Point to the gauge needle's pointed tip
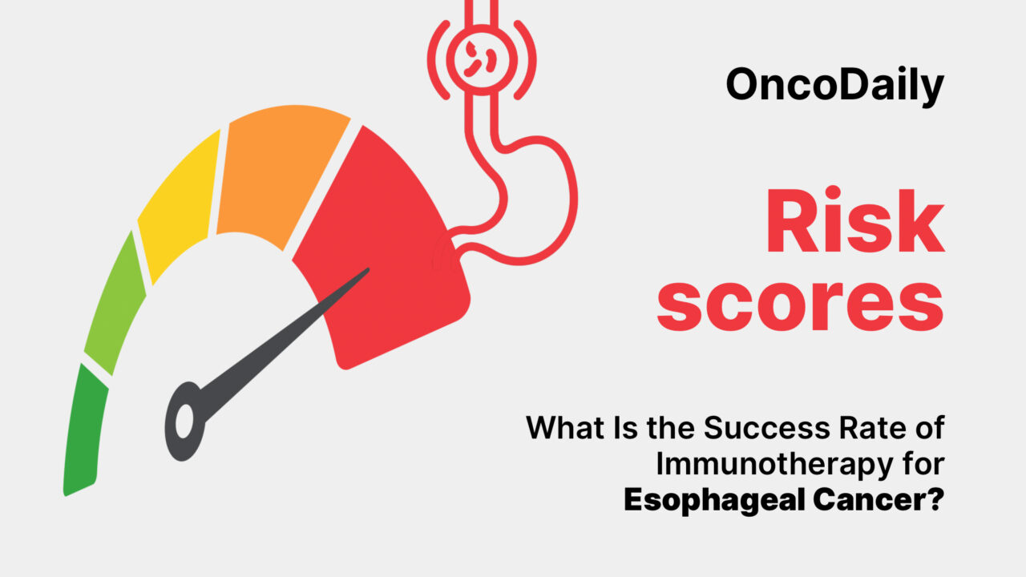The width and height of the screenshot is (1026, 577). (367, 270)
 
